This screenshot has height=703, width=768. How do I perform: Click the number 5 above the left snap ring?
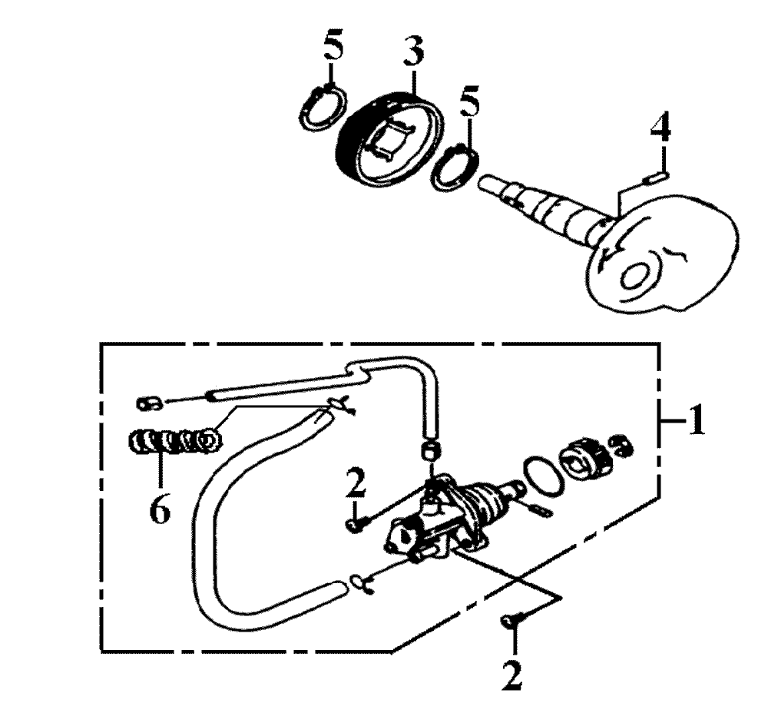click(333, 46)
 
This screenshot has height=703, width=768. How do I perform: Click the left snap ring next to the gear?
click(323, 108)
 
